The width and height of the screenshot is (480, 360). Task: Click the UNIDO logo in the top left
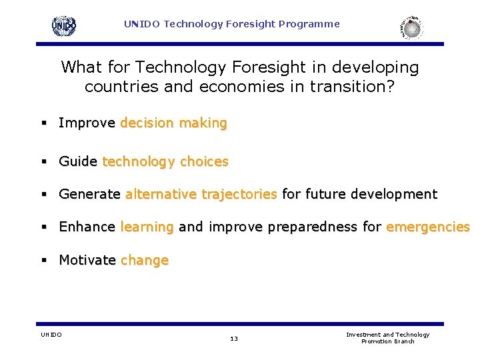tap(64, 26)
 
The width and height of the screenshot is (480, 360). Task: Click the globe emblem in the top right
tap(412, 28)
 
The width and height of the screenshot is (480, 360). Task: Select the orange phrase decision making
tap(173, 123)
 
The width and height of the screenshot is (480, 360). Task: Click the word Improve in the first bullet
tap(87, 123)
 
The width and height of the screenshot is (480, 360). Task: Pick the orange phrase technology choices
tap(165, 162)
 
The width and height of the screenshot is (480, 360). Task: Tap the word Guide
tap(78, 162)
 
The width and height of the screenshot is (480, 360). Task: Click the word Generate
tap(89, 195)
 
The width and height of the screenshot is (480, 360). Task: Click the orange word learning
tap(147, 227)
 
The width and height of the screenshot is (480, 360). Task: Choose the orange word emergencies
tap(427, 227)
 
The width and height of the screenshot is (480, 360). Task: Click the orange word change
tap(144, 261)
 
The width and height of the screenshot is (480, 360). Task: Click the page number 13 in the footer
tap(233, 339)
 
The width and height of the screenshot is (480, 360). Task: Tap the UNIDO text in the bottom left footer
tap(51, 335)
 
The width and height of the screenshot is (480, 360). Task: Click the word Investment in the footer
tap(363, 335)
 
